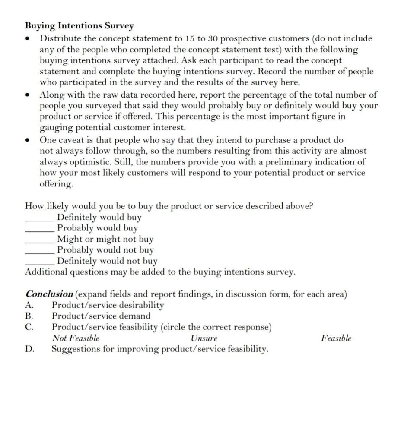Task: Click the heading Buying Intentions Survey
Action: coord(79,26)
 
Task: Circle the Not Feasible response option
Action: coord(76,338)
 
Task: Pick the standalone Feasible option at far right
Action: coord(336,338)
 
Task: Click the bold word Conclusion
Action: coord(49,294)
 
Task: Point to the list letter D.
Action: coord(30,349)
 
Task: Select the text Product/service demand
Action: coord(101,316)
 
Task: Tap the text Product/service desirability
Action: coord(108,305)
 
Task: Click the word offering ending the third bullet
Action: coord(56,183)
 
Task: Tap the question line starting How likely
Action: coord(169,206)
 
